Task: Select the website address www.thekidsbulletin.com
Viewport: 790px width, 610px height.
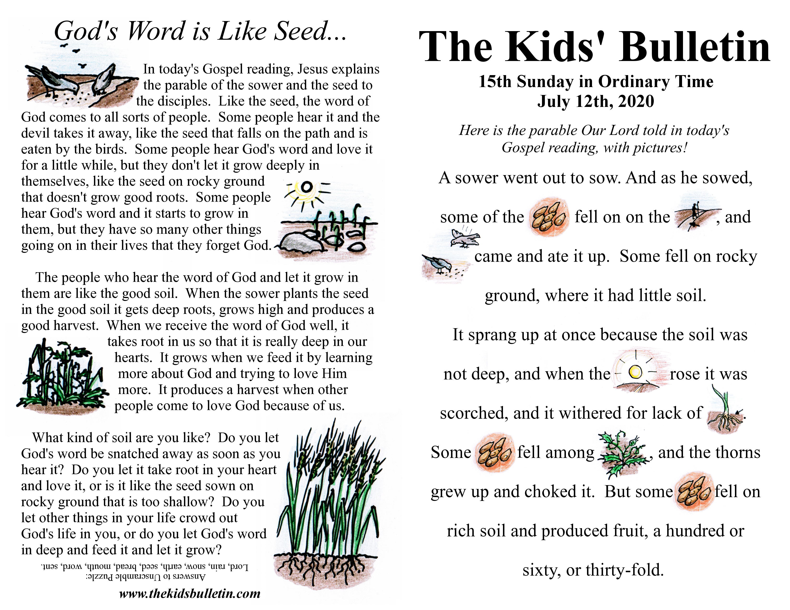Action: pyautogui.click(x=190, y=593)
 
